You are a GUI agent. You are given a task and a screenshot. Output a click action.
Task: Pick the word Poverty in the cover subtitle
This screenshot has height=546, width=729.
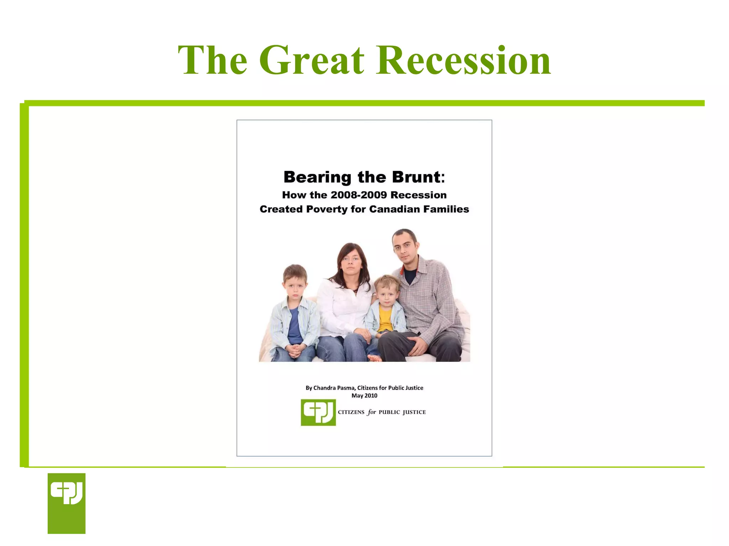point(326,209)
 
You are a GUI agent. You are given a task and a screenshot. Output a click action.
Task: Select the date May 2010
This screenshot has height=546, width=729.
point(364,396)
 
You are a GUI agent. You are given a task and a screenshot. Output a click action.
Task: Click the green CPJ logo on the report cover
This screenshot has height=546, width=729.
point(318,412)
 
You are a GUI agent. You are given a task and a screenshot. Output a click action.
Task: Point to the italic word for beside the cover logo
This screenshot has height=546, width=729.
point(372,412)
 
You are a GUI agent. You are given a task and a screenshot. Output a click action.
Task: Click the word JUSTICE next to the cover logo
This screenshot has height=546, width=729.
point(414,412)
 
